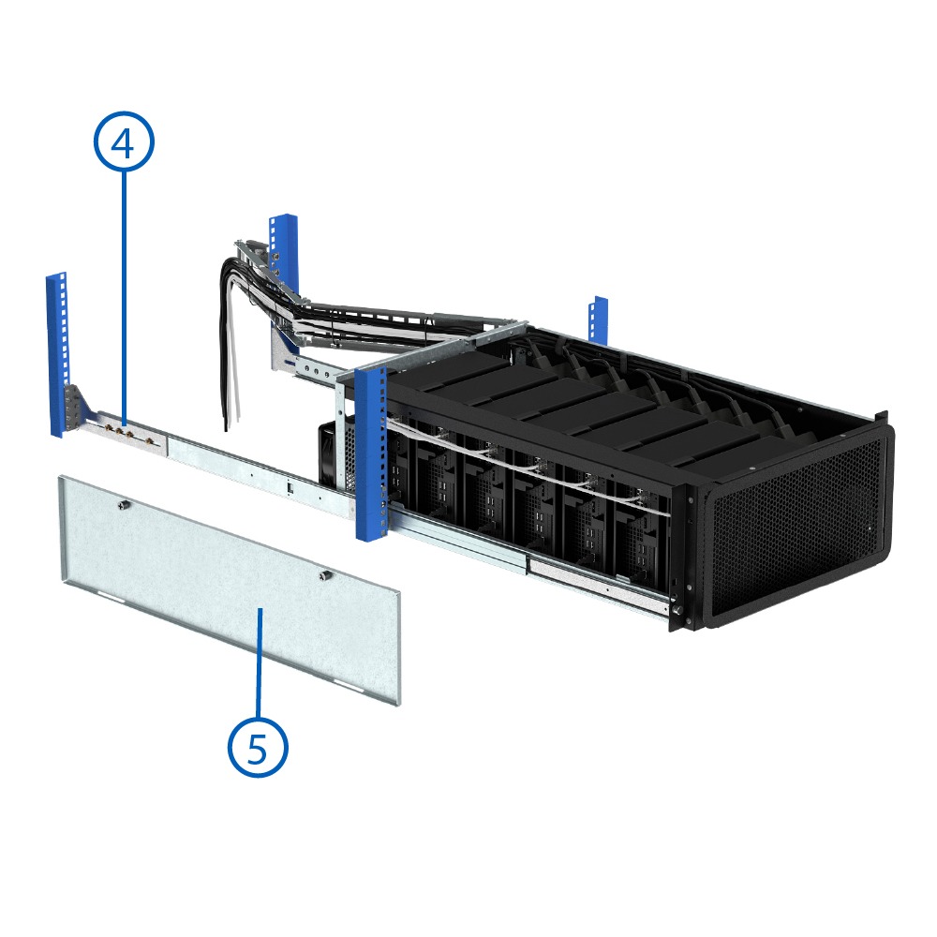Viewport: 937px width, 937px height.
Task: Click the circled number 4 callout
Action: [x=124, y=141]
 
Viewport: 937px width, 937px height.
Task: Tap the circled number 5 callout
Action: [x=258, y=747]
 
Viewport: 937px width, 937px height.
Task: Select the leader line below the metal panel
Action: [x=259, y=662]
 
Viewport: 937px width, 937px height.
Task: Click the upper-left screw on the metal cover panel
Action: [x=125, y=506]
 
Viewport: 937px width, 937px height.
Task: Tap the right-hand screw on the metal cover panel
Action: [x=324, y=576]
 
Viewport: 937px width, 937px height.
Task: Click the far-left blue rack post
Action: [x=57, y=355]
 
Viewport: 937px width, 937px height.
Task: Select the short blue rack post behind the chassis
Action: [x=598, y=320]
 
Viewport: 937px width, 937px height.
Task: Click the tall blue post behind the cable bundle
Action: [x=285, y=281]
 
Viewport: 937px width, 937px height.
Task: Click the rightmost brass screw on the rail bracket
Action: [x=149, y=442]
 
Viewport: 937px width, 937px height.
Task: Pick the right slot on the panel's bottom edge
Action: [x=349, y=683]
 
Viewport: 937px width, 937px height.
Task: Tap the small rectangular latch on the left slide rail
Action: [x=290, y=487]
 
